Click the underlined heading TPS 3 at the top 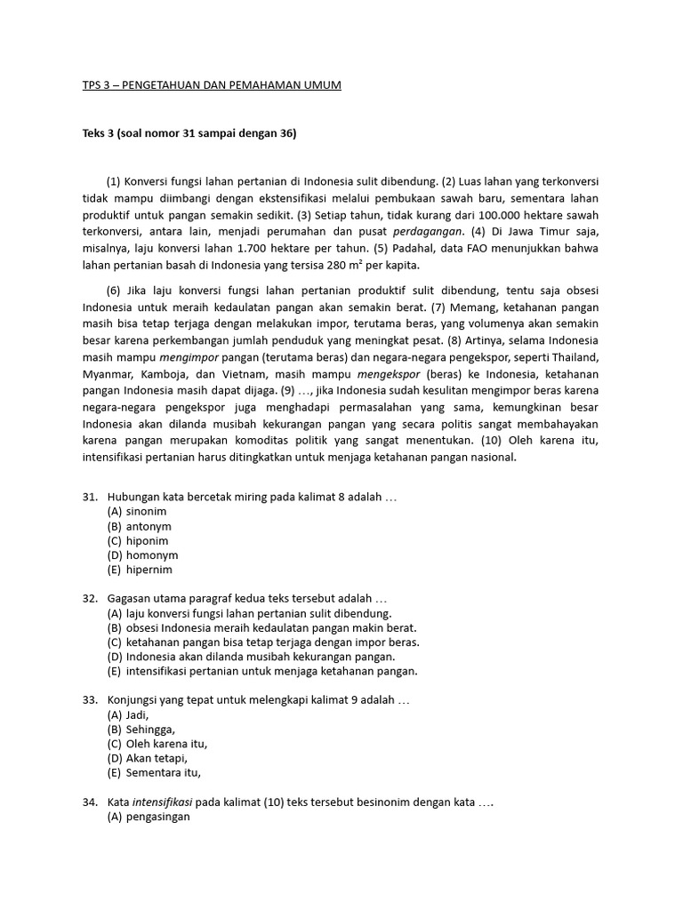click(x=206, y=84)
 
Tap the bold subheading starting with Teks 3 click(x=183, y=133)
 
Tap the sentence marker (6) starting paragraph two click(x=113, y=290)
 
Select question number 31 click(x=89, y=498)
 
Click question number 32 click(x=89, y=599)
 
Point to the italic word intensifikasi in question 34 click(x=162, y=802)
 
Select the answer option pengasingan click(x=149, y=817)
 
